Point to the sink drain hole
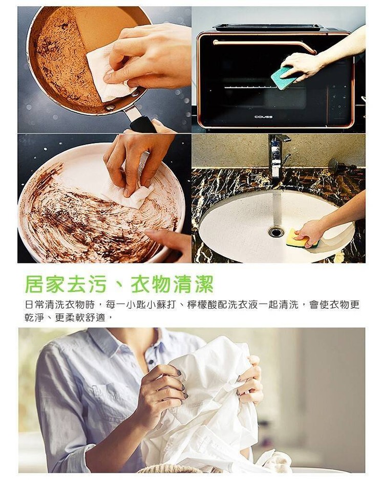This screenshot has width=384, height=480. (x=276, y=232)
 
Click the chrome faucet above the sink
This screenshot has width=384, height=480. (x=278, y=156)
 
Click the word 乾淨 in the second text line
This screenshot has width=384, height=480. (x=34, y=318)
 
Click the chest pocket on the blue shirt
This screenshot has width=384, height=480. (x=101, y=398)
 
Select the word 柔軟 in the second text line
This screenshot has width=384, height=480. (x=75, y=318)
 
